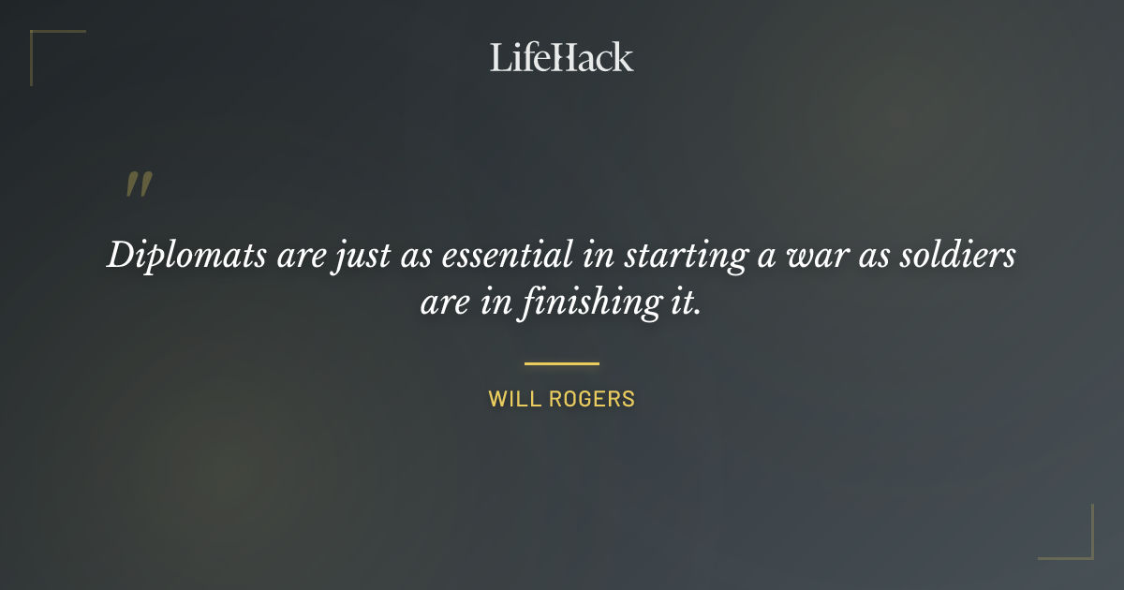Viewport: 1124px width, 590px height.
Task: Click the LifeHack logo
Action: click(x=562, y=57)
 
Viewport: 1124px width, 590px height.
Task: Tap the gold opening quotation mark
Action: click(x=139, y=184)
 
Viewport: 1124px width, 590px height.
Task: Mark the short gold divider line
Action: click(x=562, y=363)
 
